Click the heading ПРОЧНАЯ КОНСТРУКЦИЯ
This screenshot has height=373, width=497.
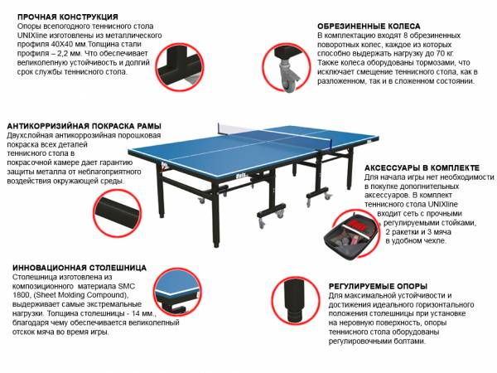click(x=68, y=17)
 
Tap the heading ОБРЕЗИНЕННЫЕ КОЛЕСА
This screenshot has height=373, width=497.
click(x=369, y=26)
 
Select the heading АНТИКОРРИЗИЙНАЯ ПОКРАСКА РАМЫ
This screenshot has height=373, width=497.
click(x=84, y=126)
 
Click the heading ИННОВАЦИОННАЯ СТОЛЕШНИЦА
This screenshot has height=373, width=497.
click(x=80, y=268)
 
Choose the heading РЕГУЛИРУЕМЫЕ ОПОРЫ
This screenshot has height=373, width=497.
click(x=378, y=287)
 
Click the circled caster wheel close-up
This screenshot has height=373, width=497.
click(x=287, y=68)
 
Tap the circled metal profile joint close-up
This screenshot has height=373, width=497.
click(x=180, y=67)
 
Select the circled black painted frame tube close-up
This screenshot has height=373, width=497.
click(x=118, y=213)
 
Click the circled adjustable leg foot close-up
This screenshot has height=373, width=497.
click(x=296, y=300)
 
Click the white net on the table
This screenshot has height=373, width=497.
click(x=234, y=129)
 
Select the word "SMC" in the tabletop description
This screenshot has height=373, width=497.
click(x=127, y=286)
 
